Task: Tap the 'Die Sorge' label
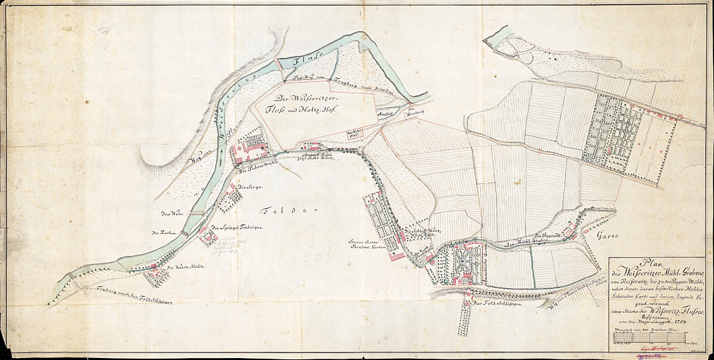coord(247,187)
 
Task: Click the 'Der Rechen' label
coord(163,233)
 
